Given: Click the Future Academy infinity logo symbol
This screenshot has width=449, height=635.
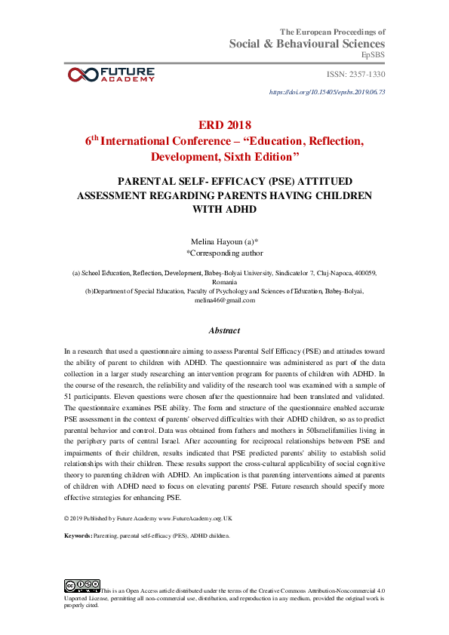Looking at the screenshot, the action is [x=81, y=74].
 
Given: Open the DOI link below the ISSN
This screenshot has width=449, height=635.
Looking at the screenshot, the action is [x=327, y=92].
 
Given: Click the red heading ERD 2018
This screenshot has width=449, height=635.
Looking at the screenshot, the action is [x=224, y=124].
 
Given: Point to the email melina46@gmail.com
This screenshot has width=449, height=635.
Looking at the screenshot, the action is [x=225, y=299].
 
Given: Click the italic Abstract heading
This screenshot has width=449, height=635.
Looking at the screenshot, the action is [x=224, y=330].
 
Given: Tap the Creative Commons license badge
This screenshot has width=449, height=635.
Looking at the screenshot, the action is [x=82, y=585].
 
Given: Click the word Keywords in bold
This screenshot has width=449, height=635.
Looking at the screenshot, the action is [x=77, y=535].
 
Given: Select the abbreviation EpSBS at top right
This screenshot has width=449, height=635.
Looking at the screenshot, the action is [x=373, y=55].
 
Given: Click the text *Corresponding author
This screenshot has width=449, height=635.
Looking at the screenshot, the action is [x=224, y=253].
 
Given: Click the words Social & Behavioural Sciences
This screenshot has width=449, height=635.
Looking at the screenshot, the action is [x=307, y=44].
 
